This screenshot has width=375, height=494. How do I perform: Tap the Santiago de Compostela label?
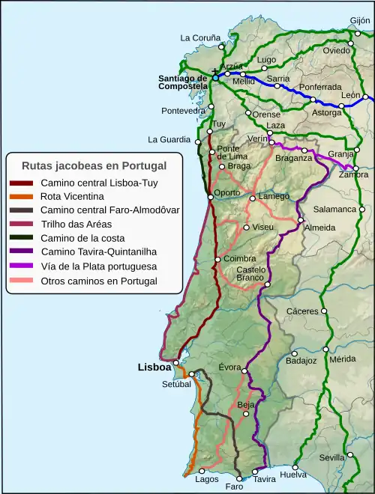[182, 82]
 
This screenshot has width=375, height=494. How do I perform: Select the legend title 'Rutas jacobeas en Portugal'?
[94, 165]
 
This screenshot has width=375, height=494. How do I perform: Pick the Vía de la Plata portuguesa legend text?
[98, 266]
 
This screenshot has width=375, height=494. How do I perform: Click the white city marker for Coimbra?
[217, 260]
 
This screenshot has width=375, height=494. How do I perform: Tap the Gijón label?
[360, 21]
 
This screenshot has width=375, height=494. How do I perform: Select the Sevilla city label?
[331, 457]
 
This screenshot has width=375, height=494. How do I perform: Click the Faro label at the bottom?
[234, 487]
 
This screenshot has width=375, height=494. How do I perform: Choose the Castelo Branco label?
[250, 274]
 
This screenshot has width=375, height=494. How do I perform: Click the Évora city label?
[229, 368]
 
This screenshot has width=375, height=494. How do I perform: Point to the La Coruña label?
[200, 37]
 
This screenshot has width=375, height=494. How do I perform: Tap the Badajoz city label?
[301, 360]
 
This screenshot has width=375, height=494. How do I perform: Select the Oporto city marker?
[210, 198]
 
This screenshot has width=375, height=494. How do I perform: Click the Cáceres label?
[302, 311]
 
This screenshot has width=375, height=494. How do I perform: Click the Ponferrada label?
[320, 88]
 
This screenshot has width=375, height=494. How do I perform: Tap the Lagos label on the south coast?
[207, 479]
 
